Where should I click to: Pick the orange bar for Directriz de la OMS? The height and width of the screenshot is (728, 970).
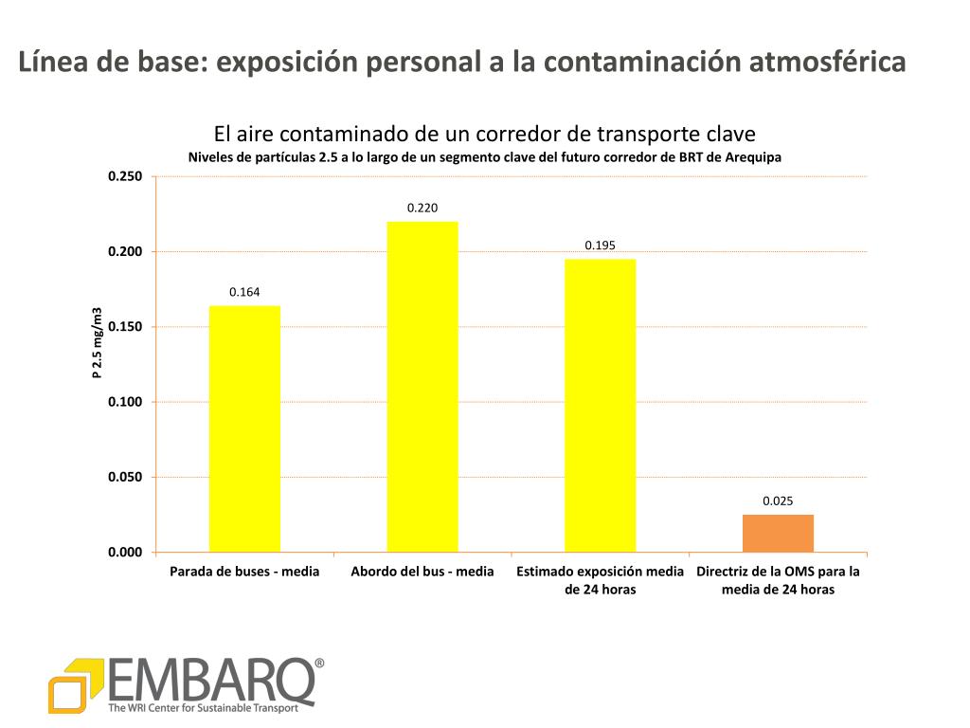(x=778, y=534)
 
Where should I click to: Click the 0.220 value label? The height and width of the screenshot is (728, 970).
(x=422, y=208)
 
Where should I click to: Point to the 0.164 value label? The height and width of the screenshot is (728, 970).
(x=244, y=292)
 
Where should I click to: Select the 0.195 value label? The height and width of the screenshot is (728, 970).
(x=601, y=246)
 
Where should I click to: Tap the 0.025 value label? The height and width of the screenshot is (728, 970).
(x=778, y=500)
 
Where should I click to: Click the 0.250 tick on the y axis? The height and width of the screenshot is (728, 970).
(x=124, y=177)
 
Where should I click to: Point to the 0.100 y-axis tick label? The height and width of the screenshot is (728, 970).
(x=124, y=402)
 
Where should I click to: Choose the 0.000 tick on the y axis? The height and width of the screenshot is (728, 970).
(x=124, y=553)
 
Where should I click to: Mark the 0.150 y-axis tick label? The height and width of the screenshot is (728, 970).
(x=124, y=327)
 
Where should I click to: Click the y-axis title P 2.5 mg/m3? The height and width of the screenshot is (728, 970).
(x=97, y=343)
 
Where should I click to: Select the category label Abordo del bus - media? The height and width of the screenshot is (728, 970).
(x=422, y=572)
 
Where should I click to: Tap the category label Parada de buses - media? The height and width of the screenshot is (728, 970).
(x=244, y=572)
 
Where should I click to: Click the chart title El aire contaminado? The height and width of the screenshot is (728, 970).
(x=484, y=134)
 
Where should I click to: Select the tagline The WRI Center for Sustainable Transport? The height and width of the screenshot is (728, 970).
(x=210, y=707)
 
